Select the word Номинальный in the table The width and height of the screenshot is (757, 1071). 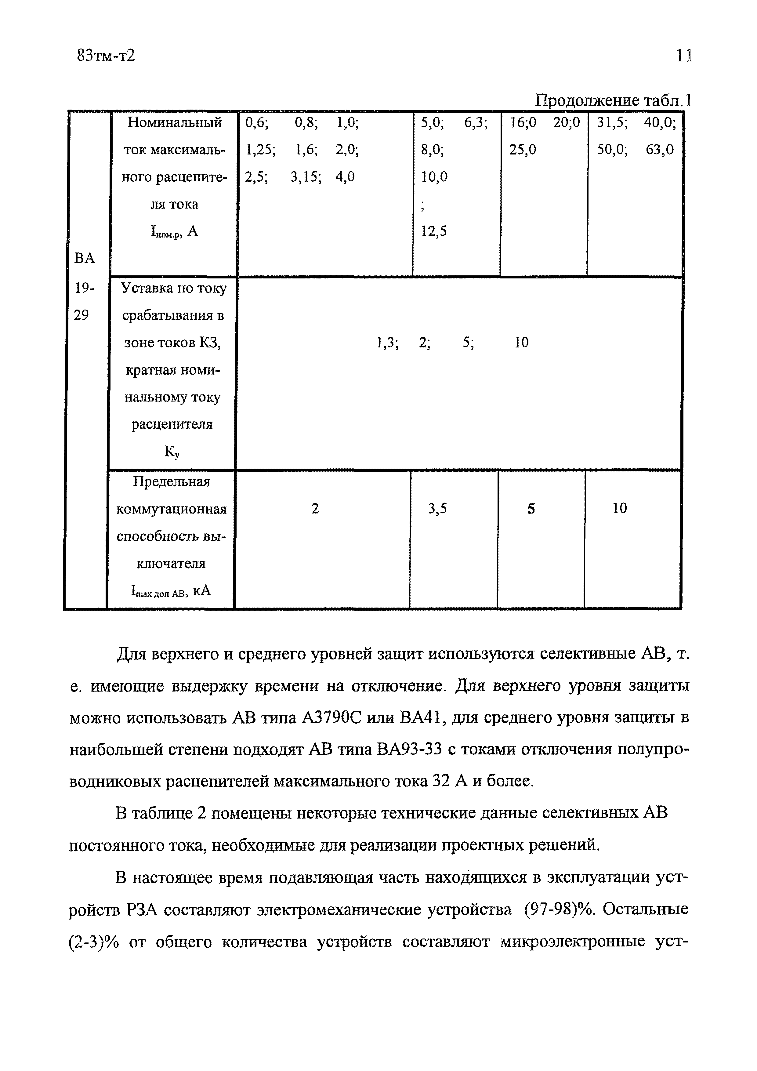point(174,123)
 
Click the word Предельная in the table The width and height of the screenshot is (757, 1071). point(172,481)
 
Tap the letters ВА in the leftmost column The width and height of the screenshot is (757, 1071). point(85,258)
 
